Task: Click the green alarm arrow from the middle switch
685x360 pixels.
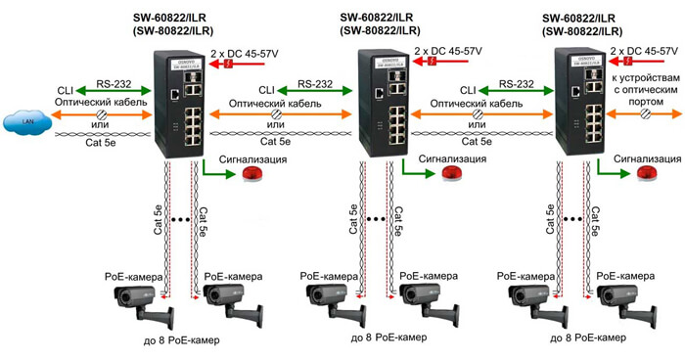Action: click(x=416, y=172)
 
